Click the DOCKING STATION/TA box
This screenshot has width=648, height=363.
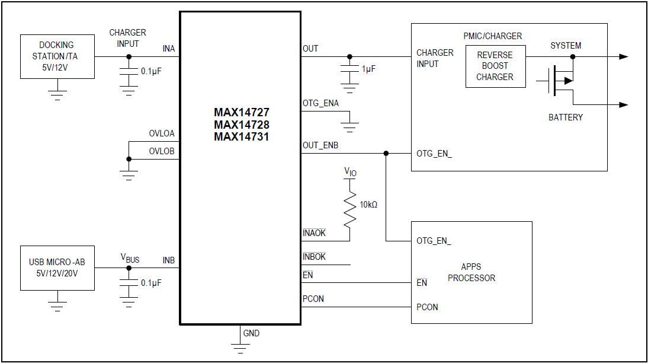coord(57,56)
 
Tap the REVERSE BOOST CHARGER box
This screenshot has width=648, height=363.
coord(495,66)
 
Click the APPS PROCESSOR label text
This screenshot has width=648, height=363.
coord(471,272)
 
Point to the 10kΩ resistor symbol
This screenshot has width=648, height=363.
coord(350,208)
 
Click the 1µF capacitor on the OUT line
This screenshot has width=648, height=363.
coord(349,69)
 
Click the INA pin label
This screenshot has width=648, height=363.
coord(169,49)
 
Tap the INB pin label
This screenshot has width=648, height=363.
coord(169,260)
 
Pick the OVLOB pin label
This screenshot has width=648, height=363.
coord(162,151)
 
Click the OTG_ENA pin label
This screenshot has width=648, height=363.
coord(320,103)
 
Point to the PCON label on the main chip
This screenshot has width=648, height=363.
coord(313,299)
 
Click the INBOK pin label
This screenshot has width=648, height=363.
coord(314,257)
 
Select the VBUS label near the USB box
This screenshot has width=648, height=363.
coord(130,259)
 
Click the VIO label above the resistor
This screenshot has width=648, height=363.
coord(351,172)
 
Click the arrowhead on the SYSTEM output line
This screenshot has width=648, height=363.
coord(623,57)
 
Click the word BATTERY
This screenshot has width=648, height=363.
coord(565,117)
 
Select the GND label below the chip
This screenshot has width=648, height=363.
coord(251,333)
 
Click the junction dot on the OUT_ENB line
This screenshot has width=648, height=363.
coord(386,153)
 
